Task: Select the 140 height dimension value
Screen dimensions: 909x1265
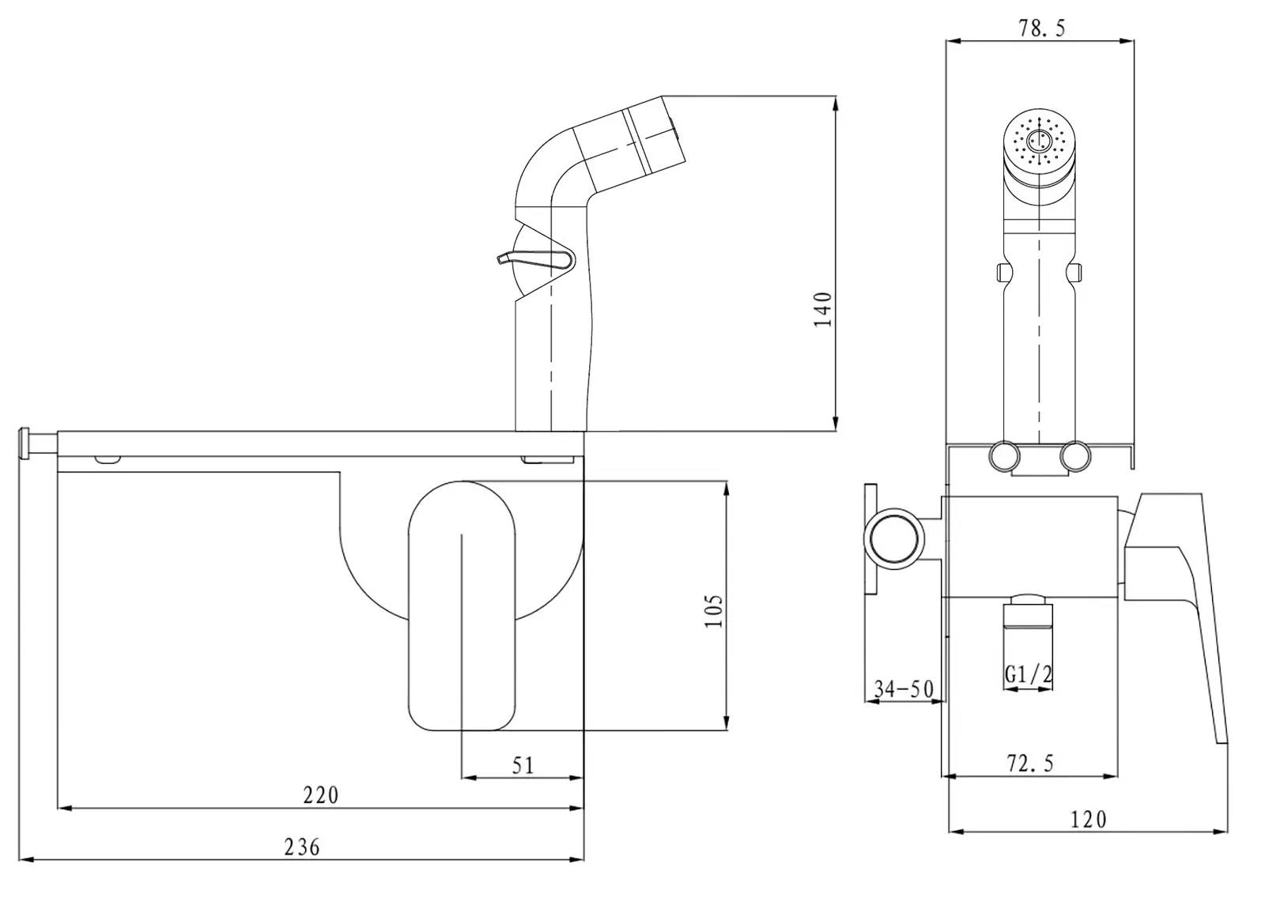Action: [x=823, y=309]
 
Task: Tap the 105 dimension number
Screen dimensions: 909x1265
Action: [x=713, y=611]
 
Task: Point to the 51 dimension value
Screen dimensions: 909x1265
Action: [x=523, y=765]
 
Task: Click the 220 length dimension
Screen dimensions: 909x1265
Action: [x=320, y=794]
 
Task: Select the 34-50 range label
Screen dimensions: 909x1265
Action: [x=903, y=689]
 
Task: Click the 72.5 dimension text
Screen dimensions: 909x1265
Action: [x=1030, y=764]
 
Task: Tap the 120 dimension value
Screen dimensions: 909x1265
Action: [x=1088, y=820]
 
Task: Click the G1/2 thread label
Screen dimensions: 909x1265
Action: [x=1029, y=674]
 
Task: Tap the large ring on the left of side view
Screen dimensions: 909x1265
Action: [x=895, y=539]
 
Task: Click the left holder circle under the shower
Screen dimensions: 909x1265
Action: [x=1004, y=457]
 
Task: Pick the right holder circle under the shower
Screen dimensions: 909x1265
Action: [x=1075, y=457]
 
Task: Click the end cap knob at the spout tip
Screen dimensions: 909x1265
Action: [x=26, y=443]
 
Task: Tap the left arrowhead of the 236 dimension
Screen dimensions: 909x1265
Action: [x=22, y=859]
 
